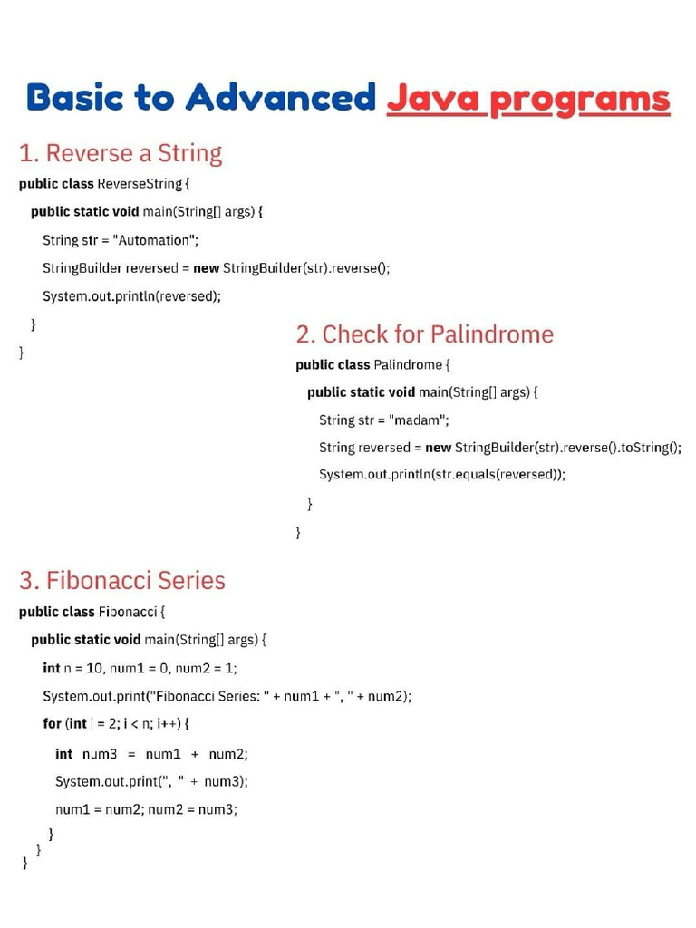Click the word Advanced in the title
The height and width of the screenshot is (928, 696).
280,98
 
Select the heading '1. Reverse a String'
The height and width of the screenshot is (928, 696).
121,153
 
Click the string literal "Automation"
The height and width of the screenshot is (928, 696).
154,240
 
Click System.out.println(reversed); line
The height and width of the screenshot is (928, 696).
131,295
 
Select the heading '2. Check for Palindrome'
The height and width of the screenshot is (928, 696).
424,334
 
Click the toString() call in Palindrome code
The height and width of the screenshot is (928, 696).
650,447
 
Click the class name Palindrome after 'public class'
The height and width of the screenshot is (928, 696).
408,364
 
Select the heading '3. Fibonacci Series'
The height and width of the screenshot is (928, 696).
122,580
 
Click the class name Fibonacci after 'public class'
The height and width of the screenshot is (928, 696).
127,612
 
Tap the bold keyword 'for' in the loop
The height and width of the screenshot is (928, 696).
52,723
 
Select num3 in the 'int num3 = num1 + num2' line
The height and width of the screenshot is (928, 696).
100,754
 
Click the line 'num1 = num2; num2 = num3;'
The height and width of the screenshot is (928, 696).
146,809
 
